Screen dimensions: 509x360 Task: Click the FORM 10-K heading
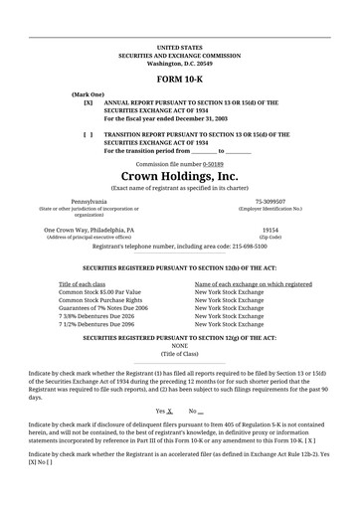point(179,78)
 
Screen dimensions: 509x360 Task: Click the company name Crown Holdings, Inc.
point(179,175)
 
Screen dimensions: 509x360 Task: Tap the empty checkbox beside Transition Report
point(89,133)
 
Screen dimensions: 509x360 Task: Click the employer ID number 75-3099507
point(270,202)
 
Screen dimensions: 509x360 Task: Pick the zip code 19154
point(270,230)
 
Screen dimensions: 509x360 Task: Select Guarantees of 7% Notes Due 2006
point(103,308)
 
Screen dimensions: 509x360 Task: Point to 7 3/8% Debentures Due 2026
point(97,316)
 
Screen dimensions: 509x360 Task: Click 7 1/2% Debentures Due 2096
point(97,324)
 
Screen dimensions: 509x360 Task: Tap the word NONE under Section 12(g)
point(179,345)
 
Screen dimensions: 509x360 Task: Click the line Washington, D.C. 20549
point(179,62)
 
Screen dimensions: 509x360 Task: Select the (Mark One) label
point(88,93)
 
